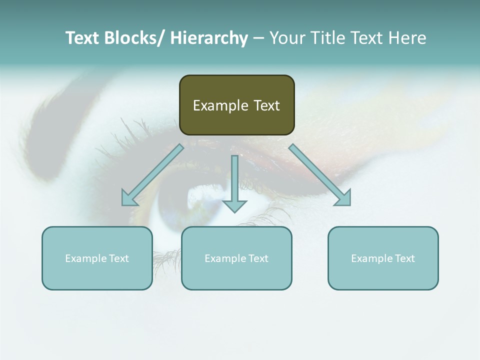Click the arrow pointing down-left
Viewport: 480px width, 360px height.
(x=152, y=175)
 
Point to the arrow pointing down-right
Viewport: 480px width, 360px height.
(x=320, y=175)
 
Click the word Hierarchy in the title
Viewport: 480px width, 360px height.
(x=208, y=38)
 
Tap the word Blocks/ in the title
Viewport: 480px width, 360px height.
(x=132, y=38)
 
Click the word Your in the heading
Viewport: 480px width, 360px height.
(x=286, y=38)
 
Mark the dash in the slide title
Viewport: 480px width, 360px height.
(x=258, y=38)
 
